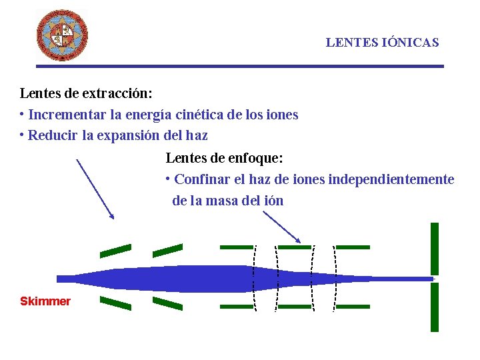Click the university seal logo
click(62, 35)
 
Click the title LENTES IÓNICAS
click(382, 43)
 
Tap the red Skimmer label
click(45, 301)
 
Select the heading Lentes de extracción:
click(86, 93)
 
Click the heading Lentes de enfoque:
click(224, 158)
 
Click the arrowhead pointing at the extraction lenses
click(112, 215)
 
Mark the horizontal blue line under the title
click(240, 66)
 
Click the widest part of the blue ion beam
click(220, 278)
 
